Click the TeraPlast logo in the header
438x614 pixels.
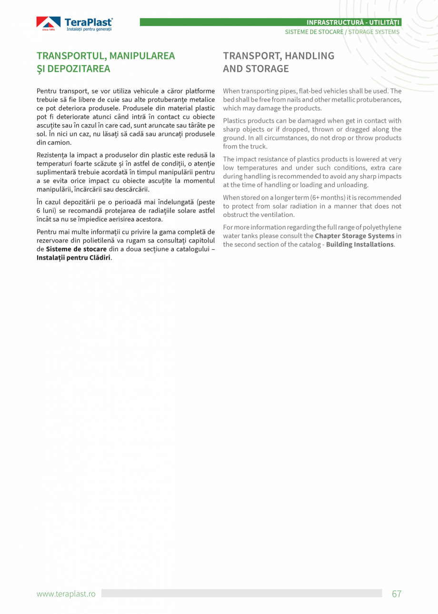tap(74, 24)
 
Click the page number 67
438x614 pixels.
tap(397, 594)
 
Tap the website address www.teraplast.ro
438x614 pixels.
tap(66, 594)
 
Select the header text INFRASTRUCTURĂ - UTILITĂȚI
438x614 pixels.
tap(353, 22)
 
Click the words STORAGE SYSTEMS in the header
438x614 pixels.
tap(374, 32)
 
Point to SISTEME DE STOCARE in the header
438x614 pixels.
tap(314, 32)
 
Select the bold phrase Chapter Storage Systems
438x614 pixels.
tap(354, 236)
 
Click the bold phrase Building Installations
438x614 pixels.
tap(359, 244)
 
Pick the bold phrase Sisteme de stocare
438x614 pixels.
tap(76, 249)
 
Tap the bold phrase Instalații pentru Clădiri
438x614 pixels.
tap(73, 257)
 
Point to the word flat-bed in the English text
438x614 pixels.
tap(311, 91)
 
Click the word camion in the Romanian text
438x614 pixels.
tap(60, 142)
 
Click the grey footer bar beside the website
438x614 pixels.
tap(241, 593)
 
